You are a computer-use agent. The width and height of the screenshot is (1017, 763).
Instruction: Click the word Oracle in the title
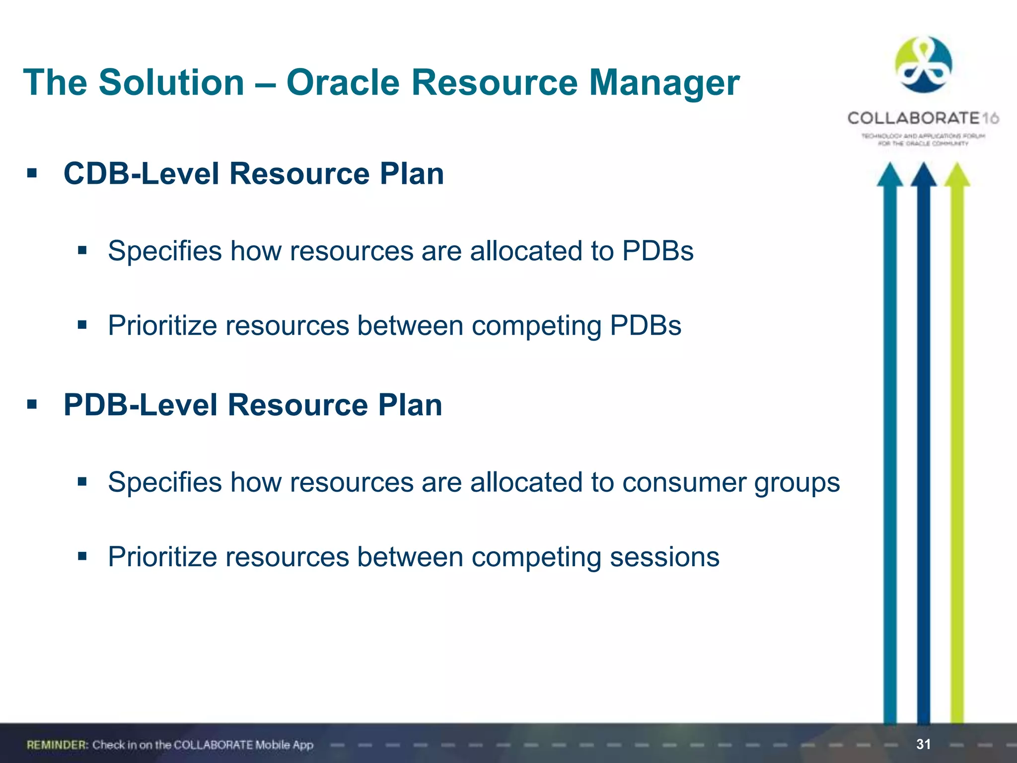click(343, 82)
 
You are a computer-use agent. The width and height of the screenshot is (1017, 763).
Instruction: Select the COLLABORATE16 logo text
click(923, 118)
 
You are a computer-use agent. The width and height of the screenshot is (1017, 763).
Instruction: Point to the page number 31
click(923, 744)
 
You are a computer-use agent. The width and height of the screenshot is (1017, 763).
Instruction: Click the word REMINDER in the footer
click(57, 745)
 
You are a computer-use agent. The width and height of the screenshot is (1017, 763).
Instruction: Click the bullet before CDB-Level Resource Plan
click(32, 174)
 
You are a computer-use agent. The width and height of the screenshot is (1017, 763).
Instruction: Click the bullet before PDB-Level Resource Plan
click(32, 405)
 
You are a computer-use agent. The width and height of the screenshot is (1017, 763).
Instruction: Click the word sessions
click(664, 557)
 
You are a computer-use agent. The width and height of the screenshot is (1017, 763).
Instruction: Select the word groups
click(797, 483)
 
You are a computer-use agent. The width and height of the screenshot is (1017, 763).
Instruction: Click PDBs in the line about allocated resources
click(657, 251)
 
